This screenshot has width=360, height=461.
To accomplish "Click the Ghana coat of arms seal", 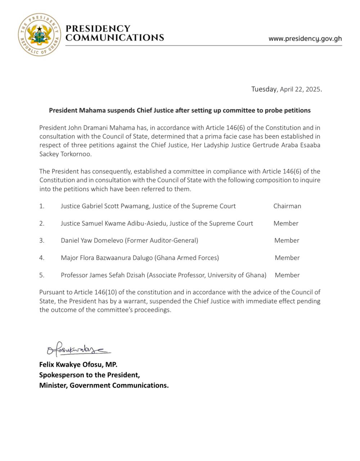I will coord(39,35).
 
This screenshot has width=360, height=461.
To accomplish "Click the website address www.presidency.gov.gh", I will coord(305,39).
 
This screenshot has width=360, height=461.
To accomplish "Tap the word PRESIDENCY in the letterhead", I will coord(98,29).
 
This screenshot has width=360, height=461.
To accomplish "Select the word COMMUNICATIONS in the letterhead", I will coord(115,38).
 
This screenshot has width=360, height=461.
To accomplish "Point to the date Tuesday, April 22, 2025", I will coord(286,89).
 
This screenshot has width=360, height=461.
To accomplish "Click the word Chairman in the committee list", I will coord(287,206).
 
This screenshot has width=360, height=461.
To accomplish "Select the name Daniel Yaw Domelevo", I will coord(92,240).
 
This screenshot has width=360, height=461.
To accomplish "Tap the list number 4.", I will coord(42,258).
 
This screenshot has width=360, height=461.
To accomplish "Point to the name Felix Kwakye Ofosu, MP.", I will coord(78,364).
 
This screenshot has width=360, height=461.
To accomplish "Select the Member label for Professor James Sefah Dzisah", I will coord(287,275).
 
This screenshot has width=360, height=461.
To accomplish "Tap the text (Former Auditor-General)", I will coord(161,240).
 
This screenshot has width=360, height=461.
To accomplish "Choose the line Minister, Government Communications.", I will coord(104,385).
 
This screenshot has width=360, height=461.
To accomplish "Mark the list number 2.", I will coord(42,223).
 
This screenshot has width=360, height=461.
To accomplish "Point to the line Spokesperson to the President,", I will coord(89,375).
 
